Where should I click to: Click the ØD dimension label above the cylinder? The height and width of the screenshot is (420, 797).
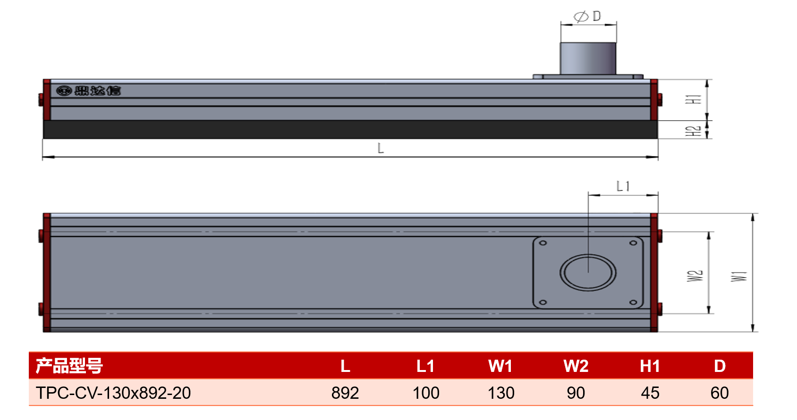click(587, 16)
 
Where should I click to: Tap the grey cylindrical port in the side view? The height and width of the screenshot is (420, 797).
click(588, 58)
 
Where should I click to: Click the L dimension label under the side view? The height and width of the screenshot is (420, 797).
click(381, 148)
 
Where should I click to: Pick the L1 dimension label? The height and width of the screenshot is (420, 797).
click(623, 186)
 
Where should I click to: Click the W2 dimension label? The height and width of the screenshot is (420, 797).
click(695, 276)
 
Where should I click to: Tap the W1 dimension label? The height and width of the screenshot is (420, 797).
click(739, 276)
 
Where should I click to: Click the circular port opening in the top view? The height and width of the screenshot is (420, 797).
click(588, 272)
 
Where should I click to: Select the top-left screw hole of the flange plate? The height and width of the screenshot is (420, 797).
click(543, 243)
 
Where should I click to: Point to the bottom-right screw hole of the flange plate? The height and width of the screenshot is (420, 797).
click(633, 302)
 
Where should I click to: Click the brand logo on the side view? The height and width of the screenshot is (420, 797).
click(88, 91)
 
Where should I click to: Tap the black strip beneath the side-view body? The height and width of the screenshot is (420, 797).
click(350, 129)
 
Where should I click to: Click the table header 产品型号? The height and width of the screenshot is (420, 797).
click(69, 366)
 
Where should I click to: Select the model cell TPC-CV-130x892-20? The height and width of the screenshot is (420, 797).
click(113, 393)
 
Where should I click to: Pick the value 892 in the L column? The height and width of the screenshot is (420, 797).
click(345, 393)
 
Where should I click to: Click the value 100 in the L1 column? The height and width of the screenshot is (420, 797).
click(425, 393)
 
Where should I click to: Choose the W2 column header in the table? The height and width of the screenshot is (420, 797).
click(576, 366)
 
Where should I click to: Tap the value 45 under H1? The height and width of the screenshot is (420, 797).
click(650, 393)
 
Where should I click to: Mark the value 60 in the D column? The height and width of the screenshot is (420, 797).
click(720, 393)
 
